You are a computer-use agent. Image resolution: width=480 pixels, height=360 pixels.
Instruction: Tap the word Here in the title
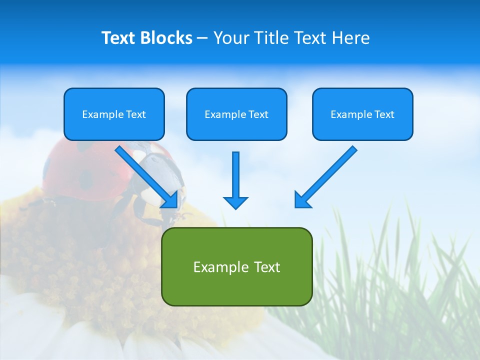[x=350, y=38]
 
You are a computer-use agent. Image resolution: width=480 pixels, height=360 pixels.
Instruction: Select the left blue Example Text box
[x=114, y=114]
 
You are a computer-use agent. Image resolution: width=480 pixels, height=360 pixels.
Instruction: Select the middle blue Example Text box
[x=236, y=114]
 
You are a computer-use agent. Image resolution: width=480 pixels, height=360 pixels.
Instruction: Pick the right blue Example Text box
[x=362, y=114]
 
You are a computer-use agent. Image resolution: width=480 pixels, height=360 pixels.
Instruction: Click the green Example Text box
[x=236, y=266]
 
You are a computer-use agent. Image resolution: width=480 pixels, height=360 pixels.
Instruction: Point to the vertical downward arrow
[x=235, y=180]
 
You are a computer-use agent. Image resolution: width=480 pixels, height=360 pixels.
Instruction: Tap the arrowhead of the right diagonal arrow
[x=302, y=200]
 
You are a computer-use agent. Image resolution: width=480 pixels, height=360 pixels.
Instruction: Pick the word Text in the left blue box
[x=136, y=114]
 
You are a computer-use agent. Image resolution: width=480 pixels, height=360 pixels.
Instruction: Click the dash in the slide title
[x=202, y=38]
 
